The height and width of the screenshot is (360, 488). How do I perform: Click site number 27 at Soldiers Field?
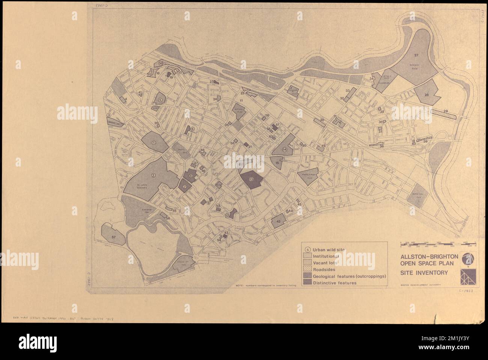(416, 55)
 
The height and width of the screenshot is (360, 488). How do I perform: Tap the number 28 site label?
(426, 95)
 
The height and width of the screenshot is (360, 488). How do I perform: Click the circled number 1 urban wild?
(154, 142)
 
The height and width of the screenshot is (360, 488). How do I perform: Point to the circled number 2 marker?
(153, 175)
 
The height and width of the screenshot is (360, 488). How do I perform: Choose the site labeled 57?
(113, 237)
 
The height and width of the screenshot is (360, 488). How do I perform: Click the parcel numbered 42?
(278, 222)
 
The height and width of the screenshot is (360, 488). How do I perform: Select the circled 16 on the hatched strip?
(160, 63)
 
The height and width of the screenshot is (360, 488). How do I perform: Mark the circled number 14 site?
(285, 149)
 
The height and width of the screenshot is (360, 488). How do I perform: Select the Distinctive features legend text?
(334, 283)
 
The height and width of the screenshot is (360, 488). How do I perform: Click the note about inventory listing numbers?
(266, 285)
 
